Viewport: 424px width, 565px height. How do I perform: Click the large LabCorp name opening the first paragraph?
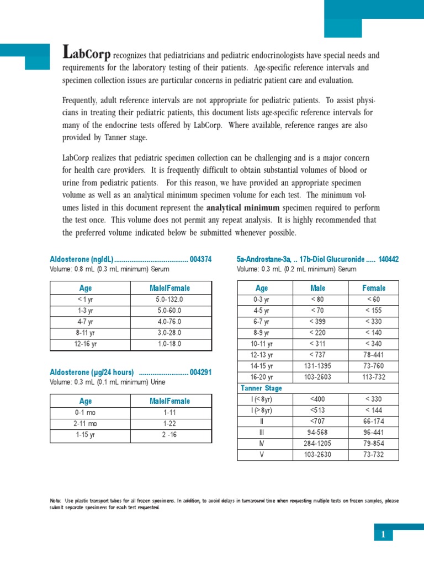[87, 54]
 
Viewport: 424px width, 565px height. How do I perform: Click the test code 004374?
[200, 259]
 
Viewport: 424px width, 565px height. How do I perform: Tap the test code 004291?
[200, 372]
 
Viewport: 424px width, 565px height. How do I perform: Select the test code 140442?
[389, 259]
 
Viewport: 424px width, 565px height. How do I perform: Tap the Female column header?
[374, 288]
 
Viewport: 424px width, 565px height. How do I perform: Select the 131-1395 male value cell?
[318, 366]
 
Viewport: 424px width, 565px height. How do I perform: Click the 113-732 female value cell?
[374, 377]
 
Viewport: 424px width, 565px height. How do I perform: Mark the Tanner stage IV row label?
[262, 444]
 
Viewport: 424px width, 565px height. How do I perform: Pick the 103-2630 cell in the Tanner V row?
[318, 455]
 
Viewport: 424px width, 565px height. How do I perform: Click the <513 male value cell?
[318, 411]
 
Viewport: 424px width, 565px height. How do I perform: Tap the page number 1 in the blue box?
[382, 534]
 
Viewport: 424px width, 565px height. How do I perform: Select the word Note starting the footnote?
[55, 501]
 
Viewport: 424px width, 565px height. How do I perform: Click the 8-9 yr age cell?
[262, 333]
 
